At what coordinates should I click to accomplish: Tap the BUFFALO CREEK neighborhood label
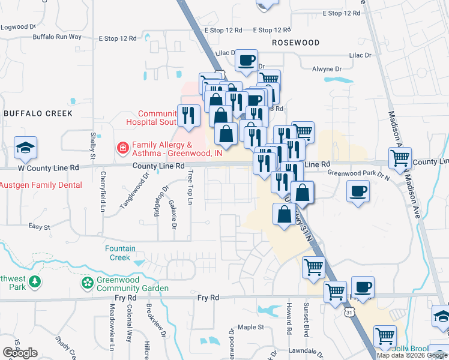point(38,113)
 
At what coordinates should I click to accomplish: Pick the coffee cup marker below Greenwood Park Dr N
point(358,192)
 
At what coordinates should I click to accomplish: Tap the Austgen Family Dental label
point(41,185)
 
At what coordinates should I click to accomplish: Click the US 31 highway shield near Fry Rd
point(350,313)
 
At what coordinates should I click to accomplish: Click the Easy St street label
point(39,226)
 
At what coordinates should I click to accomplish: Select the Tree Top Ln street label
point(190,187)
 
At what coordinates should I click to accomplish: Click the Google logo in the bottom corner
point(19,352)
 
